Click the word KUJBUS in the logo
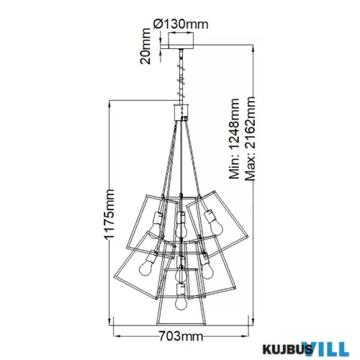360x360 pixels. point(287,348)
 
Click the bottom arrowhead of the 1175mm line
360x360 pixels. point(109,321)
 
